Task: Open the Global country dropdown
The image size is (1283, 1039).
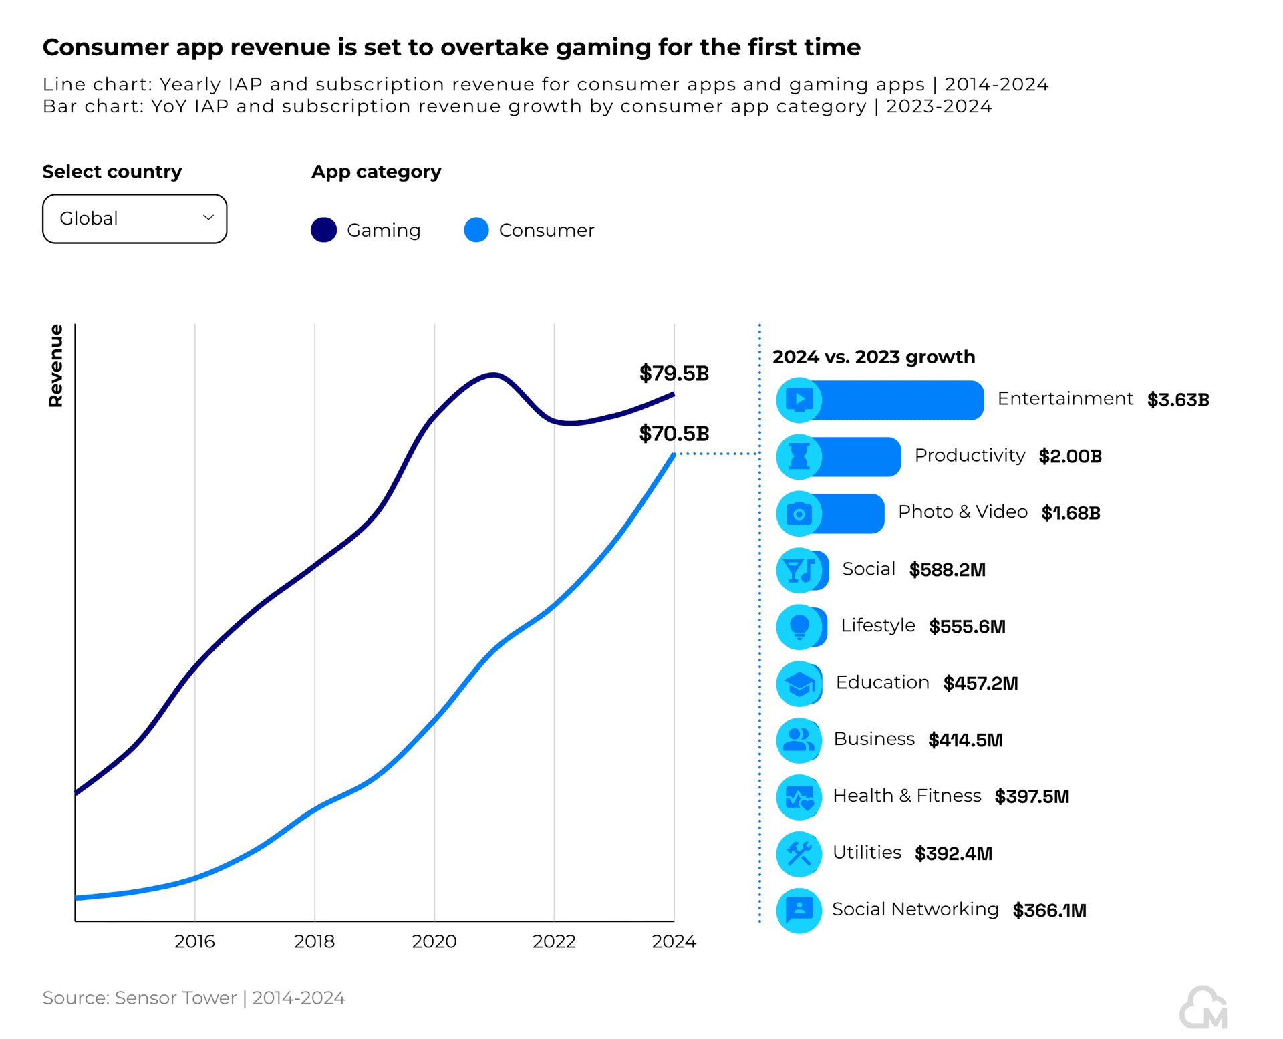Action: click(134, 218)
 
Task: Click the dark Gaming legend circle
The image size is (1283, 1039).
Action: click(324, 230)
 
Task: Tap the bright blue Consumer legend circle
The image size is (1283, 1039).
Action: click(476, 230)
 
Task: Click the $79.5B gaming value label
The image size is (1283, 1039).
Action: click(674, 373)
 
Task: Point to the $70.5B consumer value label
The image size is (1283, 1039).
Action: click(674, 434)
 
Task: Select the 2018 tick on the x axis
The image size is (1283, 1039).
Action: click(314, 941)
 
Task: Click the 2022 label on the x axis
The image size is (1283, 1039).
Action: click(554, 941)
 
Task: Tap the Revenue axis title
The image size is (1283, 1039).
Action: click(55, 365)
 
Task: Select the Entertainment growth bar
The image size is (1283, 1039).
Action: click(895, 400)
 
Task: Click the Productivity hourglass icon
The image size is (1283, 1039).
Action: click(799, 456)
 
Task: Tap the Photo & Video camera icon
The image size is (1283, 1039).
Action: click(799, 513)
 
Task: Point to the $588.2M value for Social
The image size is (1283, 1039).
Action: click(947, 570)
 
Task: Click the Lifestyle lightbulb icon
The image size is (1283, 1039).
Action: click(799, 627)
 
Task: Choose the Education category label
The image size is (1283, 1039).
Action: click(882, 682)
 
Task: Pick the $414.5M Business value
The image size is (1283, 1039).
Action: click(965, 740)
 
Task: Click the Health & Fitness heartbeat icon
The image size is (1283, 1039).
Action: click(799, 796)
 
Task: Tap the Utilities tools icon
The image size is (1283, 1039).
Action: click(799, 853)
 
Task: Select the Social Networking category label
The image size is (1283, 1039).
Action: click(915, 909)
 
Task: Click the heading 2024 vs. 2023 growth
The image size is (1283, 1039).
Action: click(873, 357)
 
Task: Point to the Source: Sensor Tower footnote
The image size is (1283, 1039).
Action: click(194, 998)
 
